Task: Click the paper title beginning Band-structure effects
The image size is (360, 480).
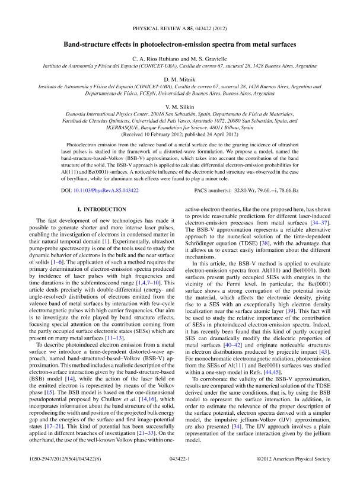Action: pos(180,44)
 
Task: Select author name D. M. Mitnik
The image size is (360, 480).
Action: pos(180,78)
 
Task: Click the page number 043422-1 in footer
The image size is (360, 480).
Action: pos(180,459)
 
